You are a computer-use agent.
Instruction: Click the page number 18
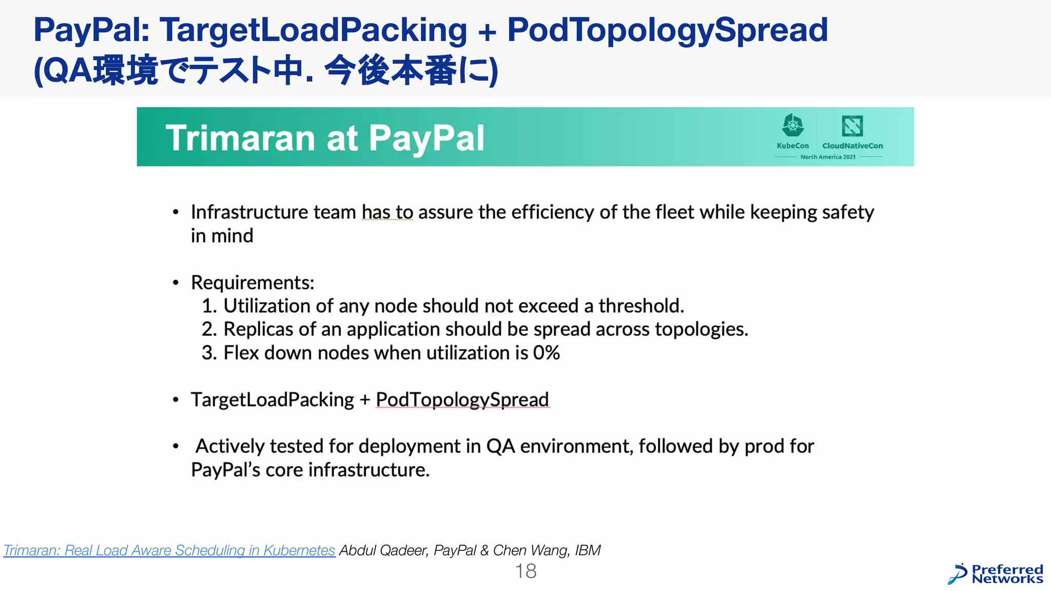tap(525, 571)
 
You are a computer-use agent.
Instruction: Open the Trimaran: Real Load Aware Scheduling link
tap(169, 550)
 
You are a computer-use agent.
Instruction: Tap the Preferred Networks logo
tap(996, 575)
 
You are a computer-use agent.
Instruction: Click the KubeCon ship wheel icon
tap(792, 126)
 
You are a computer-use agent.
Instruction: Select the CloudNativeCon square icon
tap(852, 126)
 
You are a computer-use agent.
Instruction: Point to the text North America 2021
tap(828, 157)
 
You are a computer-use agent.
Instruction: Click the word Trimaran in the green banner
tap(240, 139)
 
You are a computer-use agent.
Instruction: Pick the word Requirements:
tap(252, 283)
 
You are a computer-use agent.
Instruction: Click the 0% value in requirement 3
tap(546, 353)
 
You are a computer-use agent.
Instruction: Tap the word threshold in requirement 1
tap(640, 306)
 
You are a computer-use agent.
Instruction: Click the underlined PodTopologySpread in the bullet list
tap(462, 400)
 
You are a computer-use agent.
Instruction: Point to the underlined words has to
tap(387, 212)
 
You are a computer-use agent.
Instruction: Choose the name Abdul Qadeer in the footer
tap(383, 550)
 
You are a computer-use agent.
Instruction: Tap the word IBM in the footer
tap(588, 550)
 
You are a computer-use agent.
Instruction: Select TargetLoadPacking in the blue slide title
tap(313, 30)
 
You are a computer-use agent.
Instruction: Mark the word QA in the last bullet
tap(500, 446)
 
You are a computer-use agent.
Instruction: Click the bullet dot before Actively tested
tap(176, 446)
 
